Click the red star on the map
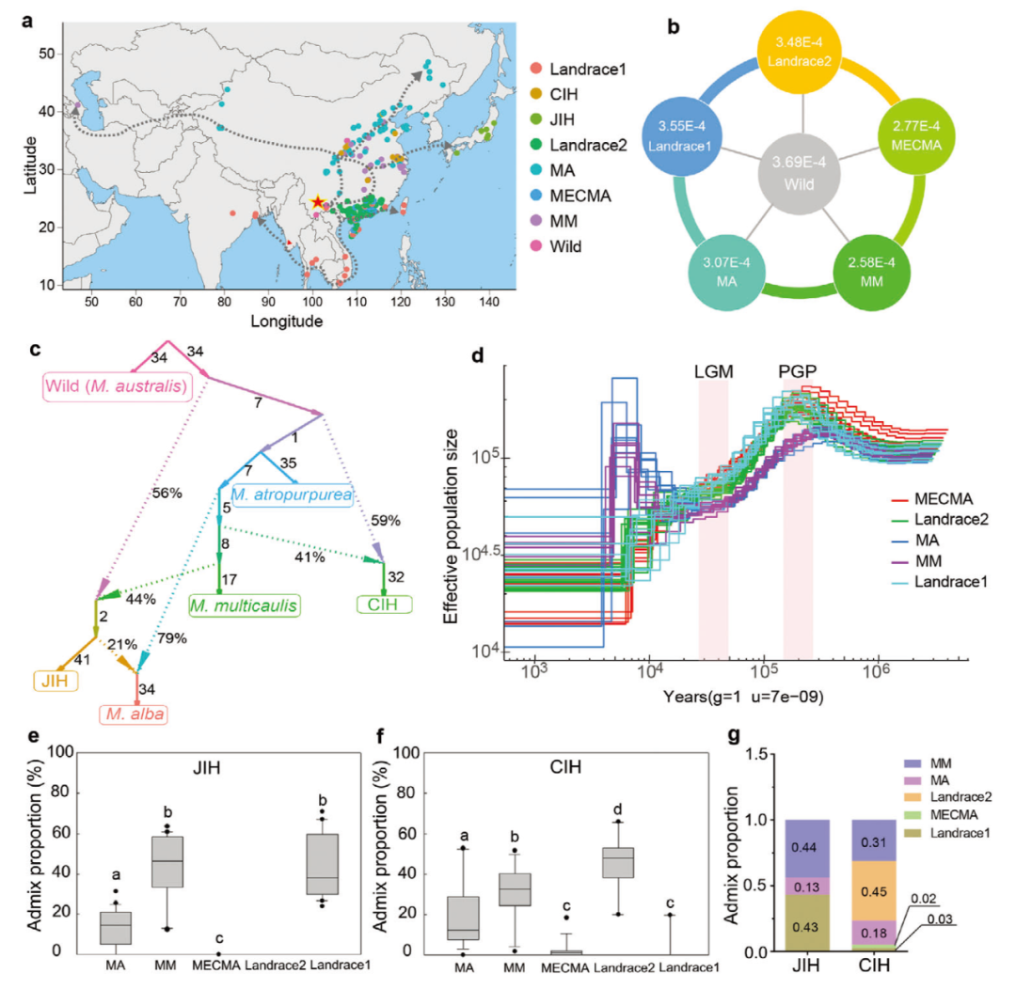318,202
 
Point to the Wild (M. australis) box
115,385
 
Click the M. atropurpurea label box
291,494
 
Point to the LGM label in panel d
713,370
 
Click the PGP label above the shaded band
797,370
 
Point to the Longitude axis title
287,321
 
